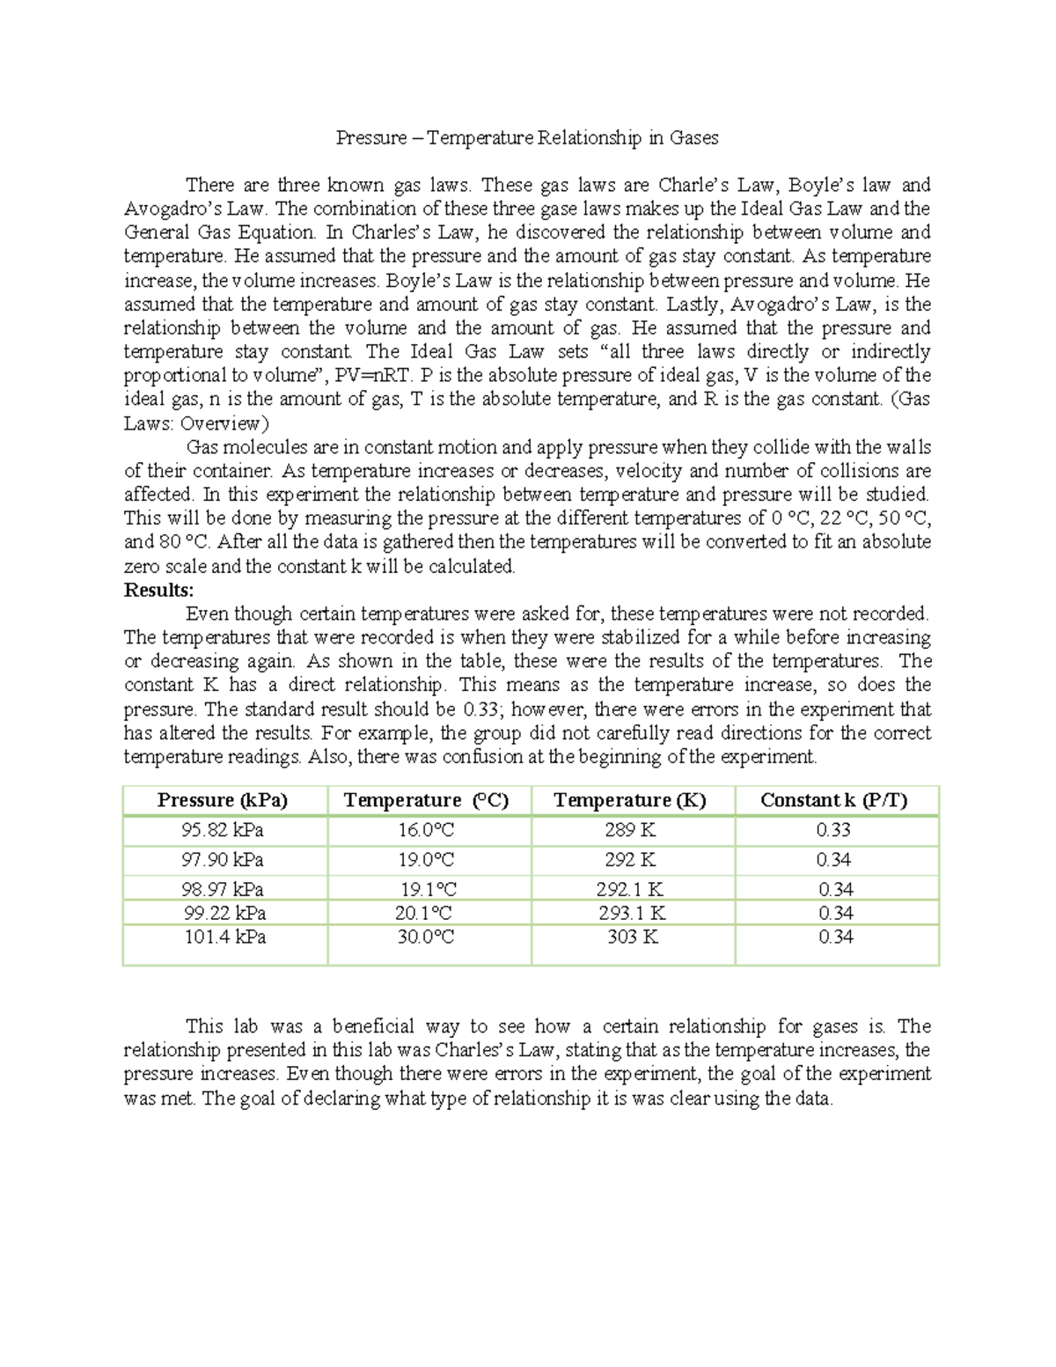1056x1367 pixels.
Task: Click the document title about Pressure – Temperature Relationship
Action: (x=527, y=137)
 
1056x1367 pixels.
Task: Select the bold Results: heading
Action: (x=158, y=590)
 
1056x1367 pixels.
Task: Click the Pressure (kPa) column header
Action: (x=223, y=800)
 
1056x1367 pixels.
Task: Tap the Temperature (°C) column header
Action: (x=426, y=800)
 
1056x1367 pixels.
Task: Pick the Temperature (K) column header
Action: (x=630, y=800)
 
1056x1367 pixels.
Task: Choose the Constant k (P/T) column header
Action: (x=834, y=800)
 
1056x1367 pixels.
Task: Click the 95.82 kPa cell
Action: (x=223, y=830)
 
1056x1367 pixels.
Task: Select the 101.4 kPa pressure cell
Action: (x=224, y=937)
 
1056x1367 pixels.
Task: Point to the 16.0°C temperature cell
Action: (x=426, y=830)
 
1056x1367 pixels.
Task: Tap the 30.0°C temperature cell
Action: (x=426, y=937)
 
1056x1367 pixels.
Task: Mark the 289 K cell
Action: (x=630, y=830)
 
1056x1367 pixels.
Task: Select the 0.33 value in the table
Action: (x=833, y=830)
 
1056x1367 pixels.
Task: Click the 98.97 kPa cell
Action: (x=223, y=890)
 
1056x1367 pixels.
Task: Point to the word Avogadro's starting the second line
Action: (x=161, y=209)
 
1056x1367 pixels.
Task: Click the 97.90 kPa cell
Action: (x=223, y=860)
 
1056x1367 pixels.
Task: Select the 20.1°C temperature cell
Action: (x=427, y=914)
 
